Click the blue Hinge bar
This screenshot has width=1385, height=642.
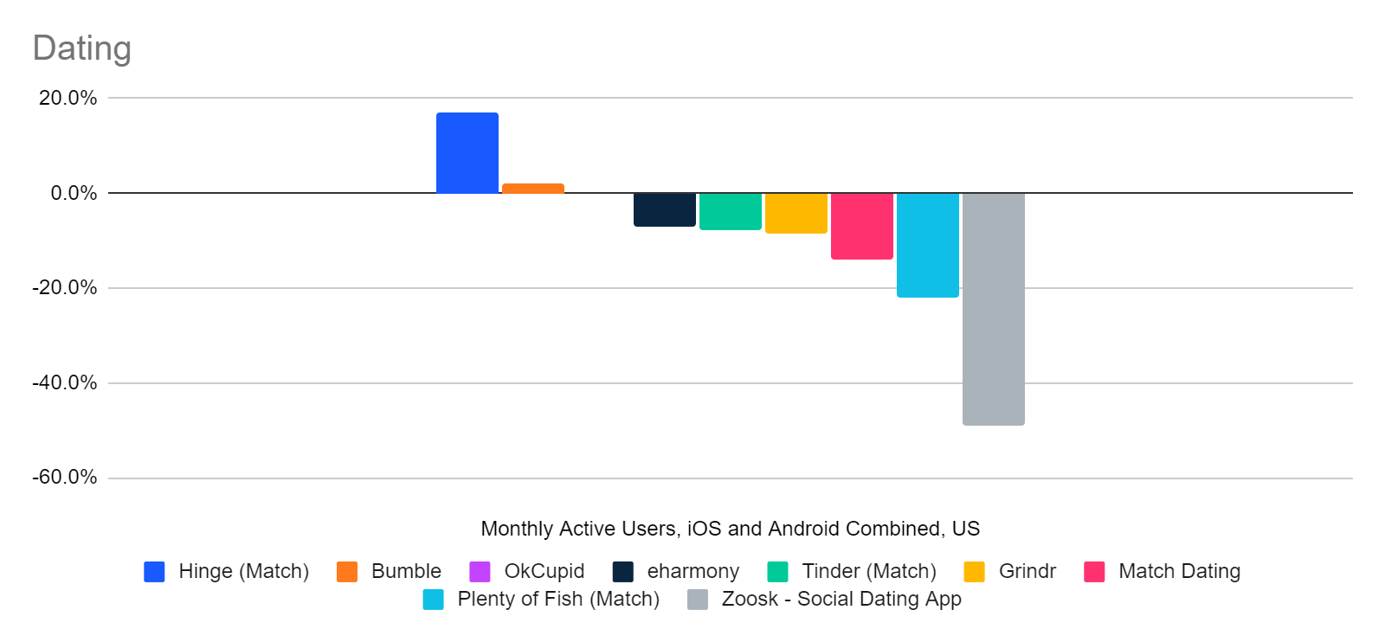[467, 153]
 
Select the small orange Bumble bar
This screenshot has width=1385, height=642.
[533, 188]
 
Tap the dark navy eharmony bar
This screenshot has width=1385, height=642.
[665, 209]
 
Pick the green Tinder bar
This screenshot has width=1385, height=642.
[731, 211]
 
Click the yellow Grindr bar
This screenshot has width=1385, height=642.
[796, 213]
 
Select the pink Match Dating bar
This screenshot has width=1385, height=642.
[862, 226]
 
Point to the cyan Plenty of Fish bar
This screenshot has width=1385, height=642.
[928, 245]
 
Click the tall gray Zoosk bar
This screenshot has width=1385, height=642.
[994, 309]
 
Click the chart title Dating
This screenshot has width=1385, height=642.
[82, 48]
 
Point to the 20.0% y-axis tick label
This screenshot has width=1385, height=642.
[68, 98]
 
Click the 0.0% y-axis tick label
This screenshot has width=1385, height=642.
[74, 193]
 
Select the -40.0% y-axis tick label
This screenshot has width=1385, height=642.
[65, 382]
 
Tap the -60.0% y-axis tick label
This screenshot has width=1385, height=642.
[65, 478]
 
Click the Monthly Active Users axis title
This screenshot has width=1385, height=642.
[730, 529]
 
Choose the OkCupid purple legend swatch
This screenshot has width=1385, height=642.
[480, 572]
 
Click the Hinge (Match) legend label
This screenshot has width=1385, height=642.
[243, 571]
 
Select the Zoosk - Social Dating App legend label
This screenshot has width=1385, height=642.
[841, 599]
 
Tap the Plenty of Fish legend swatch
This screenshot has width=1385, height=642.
[433, 600]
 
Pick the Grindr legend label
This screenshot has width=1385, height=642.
[1027, 571]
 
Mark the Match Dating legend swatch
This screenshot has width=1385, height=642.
[1094, 572]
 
